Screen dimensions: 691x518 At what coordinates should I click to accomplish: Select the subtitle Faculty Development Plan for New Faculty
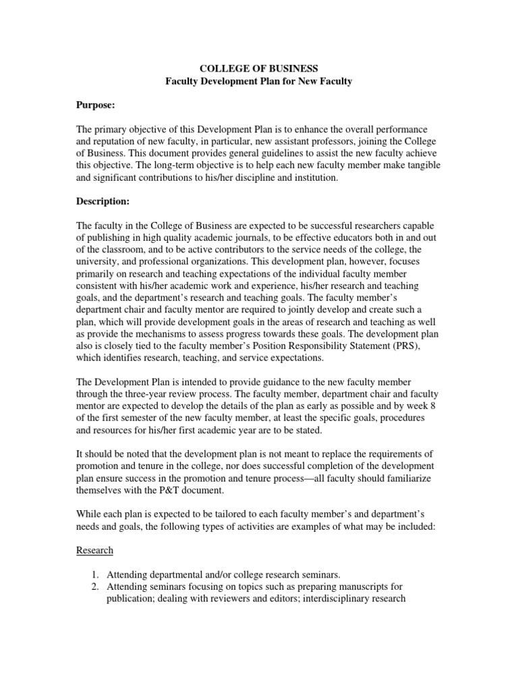(260, 82)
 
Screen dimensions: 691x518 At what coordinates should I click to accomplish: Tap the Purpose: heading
(95, 107)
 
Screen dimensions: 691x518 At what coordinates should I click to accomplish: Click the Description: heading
(102, 201)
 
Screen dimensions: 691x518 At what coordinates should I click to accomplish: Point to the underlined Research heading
(94, 550)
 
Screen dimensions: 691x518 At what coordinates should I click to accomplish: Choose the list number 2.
(96, 587)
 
